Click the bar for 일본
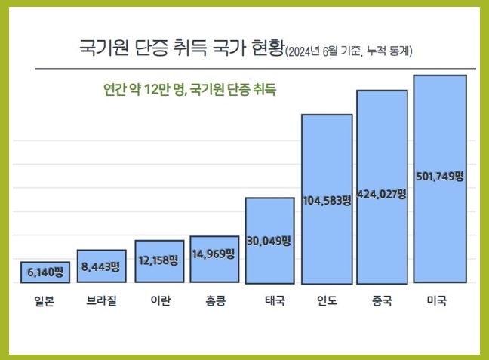click(x=45, y=272)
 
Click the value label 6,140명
click(x=45, y=270)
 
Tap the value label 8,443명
click(x=101, y=266)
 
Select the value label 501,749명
click(x=439, y=176)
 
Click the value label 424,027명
click(x=382, y=193)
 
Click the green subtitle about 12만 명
click(x=189, y=88)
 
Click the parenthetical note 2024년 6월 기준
click(x=323, y=52)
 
